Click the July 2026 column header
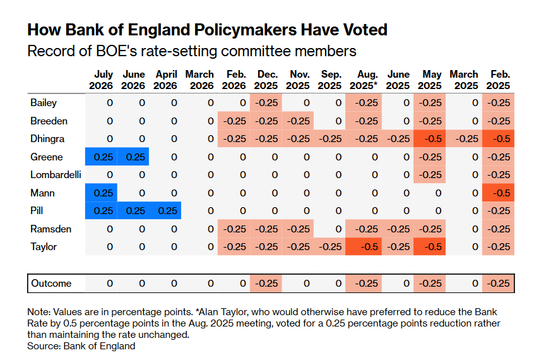pos(101,80)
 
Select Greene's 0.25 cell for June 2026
pos(133,157)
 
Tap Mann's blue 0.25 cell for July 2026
pos(101,193)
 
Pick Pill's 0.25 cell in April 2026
pos(165,210)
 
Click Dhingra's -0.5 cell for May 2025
pos(429,139)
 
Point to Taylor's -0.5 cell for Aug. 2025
pos(364,247)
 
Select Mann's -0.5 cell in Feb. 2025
pos(498,193)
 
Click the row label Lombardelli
pos(56,174)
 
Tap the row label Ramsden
pos(51,229)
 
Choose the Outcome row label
pos(51,284)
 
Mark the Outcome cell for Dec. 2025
pos(266,284)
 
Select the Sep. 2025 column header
pos(329,80)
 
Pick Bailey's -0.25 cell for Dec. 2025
pos(266,103)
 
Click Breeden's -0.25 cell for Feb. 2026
pos(234,121)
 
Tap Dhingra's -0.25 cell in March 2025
pos(464,139)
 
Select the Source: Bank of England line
pos(81,346)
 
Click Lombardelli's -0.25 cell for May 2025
pos(429,174)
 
